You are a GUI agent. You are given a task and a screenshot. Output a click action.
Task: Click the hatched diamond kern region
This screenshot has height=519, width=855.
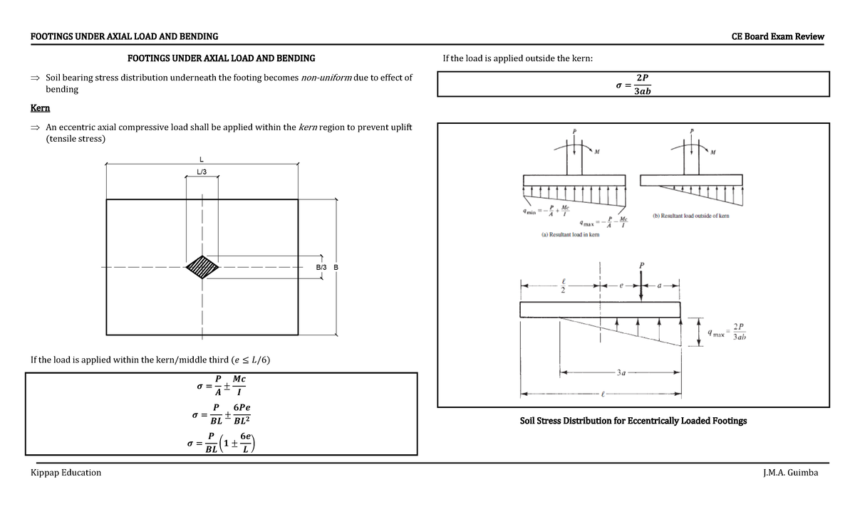point(203,268)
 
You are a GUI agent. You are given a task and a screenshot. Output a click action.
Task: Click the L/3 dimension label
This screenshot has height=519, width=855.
point(202,172)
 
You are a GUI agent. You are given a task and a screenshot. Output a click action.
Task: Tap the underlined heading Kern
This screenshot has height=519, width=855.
point(40,108)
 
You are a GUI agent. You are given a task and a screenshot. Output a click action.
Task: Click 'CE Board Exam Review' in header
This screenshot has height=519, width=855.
point(777,36)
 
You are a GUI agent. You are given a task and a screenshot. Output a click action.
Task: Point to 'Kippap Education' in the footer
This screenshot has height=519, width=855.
point(66,473)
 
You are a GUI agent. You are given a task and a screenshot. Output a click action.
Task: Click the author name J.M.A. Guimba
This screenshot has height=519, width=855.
point(790,473)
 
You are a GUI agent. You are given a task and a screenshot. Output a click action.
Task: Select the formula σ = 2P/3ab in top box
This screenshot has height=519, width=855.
point(633,84)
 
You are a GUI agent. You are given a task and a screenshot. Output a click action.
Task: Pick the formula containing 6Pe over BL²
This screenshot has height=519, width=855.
point(220,415)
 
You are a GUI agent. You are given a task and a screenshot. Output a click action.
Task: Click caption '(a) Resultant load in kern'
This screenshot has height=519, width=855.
point(566,234)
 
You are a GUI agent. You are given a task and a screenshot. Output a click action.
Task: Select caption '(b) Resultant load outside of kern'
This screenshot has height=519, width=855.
point(690,215)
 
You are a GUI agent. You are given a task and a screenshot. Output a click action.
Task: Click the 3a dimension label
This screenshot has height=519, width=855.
point(622,372)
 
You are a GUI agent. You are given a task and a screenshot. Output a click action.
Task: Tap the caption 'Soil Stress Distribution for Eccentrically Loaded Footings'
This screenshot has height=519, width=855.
point(633,421)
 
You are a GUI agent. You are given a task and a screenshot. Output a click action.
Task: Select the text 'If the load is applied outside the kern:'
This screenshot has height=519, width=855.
point(518,58)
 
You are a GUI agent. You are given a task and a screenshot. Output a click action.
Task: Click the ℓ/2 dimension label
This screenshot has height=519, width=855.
point(563,285)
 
